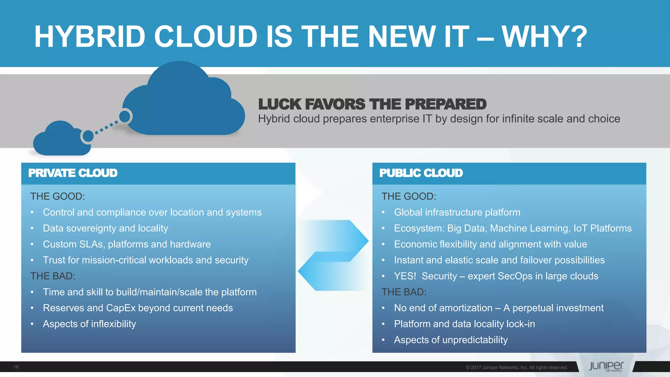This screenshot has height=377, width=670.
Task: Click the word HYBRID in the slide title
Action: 90,37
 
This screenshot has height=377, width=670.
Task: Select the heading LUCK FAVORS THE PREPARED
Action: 372,104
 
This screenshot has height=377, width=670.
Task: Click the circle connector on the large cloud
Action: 125,116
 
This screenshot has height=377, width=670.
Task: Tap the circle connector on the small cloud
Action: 88,136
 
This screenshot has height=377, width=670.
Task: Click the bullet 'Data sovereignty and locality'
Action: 105,228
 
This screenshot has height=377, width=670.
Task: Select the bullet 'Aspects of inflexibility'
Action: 89,324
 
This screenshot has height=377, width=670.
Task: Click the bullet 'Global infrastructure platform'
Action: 457,212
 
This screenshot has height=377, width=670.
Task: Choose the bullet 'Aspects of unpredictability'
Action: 451,340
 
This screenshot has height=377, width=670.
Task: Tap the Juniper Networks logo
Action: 606,367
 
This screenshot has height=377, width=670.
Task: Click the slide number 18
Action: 16,367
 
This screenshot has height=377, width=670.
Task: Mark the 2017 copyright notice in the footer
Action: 517,368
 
